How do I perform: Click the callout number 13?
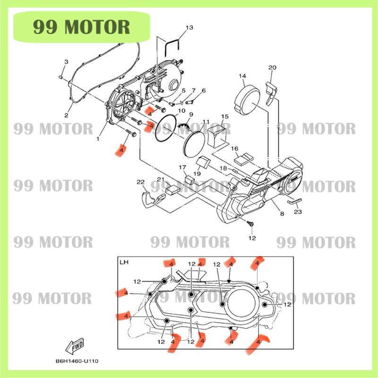[x=189, y=28]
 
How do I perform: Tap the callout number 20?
[x=272, y=68]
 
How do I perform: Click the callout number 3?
[x=66, y=62]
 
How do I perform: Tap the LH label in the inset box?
[x=124, y=262]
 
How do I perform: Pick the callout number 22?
[x=140, y=182]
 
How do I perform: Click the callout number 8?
[x=282, y=214]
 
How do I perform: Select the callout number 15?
[x=224, y=116]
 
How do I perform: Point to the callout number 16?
[x=235, y=149]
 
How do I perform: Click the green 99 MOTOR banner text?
[x=81, y=27]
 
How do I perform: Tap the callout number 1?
[x=98, y=139]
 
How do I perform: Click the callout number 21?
[x=161, y=180]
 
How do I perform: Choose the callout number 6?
[x=204, y=91]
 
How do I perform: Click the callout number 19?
[x=197, y=173]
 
